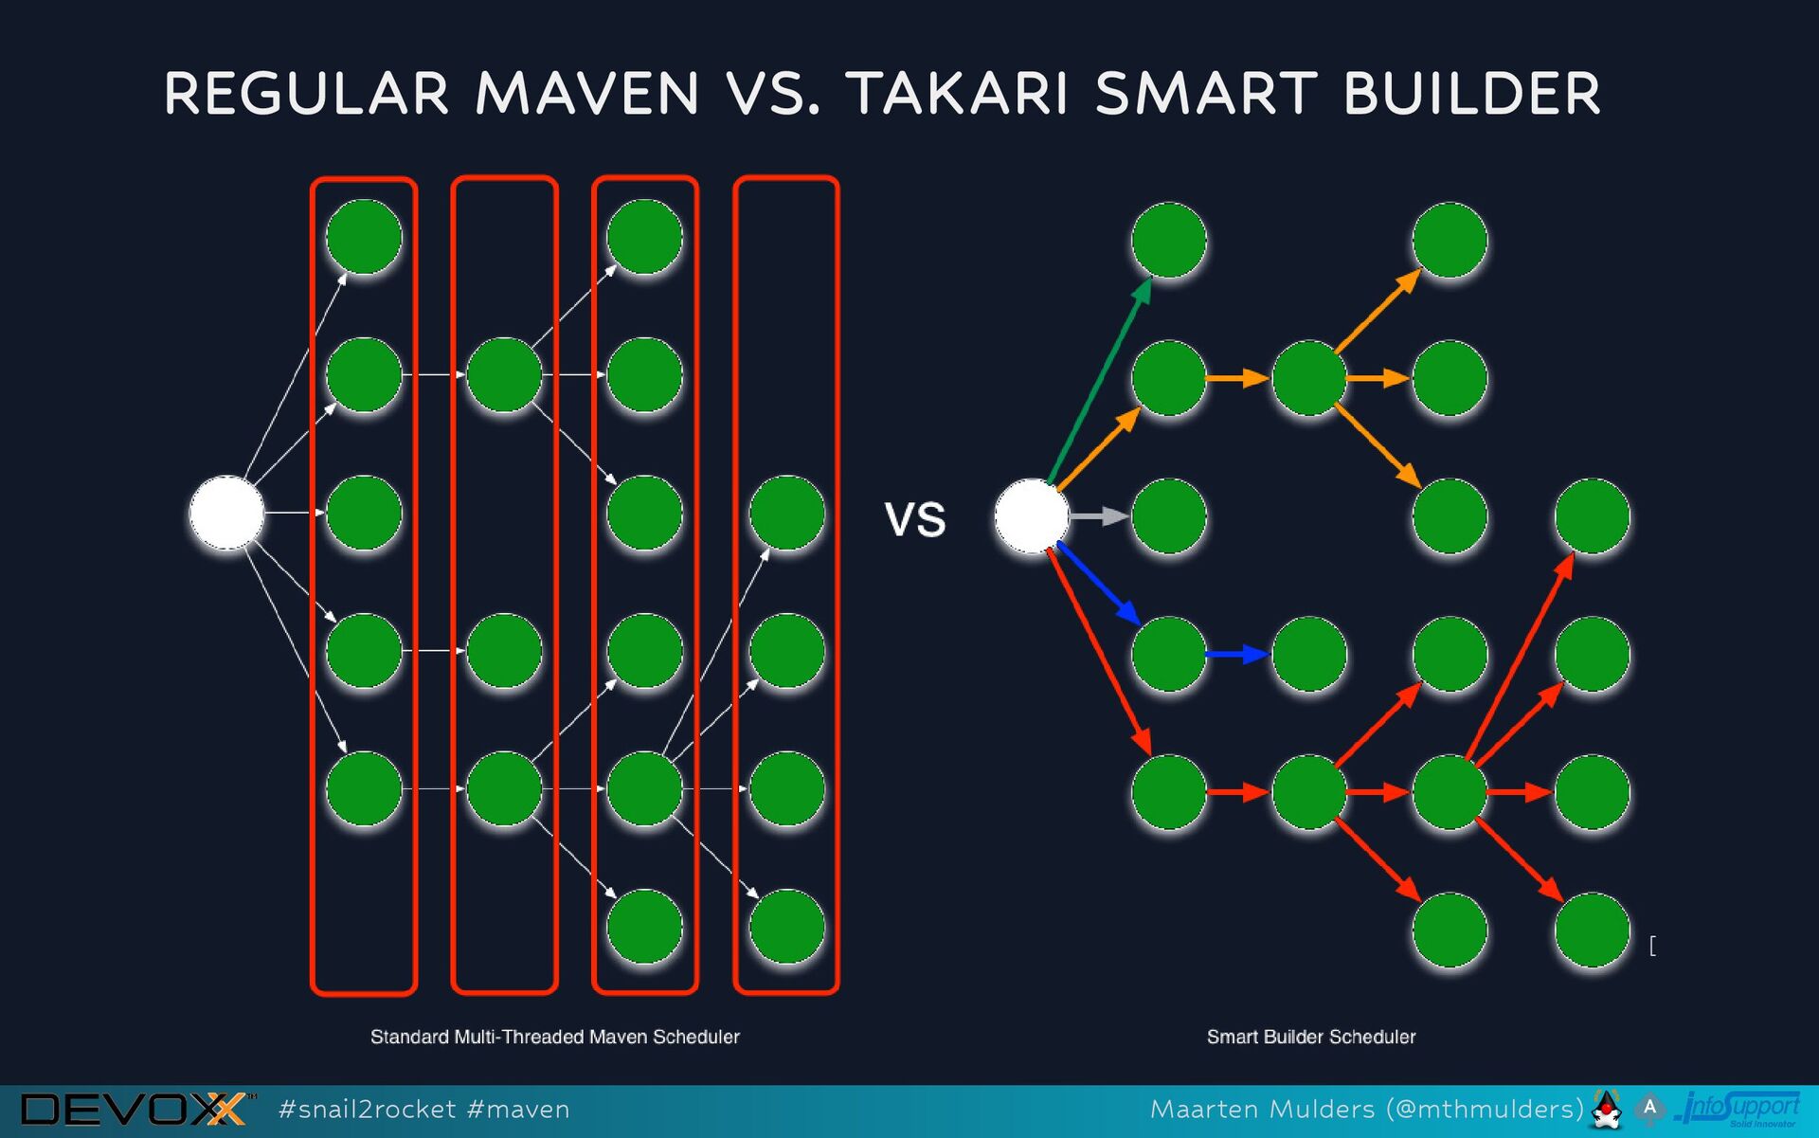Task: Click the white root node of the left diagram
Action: click(x=226, y=513)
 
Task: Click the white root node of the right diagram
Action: click(x=1031, y=516)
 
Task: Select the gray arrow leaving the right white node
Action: click(x=1099, y=516)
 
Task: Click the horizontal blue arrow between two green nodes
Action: click(x=1237, y=654)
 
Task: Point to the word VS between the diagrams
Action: click(x=915, y=519)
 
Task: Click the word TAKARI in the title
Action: click(x=959, y=94)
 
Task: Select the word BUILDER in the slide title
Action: click(x=1471, y=94)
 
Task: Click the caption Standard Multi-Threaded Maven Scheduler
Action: click(x=554, y=1037)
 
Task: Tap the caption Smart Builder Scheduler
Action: click(x=1310, y=1037)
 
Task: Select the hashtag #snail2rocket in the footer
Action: click(x=367, y=1110)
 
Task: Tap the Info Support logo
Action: click(x=1739, y=1109)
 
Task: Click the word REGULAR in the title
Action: click(x=306, y=94)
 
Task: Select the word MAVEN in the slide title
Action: click(x=586, y=94)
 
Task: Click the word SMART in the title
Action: click(x=1205, y=94)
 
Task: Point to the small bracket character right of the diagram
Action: click(x=1652, y=946)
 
